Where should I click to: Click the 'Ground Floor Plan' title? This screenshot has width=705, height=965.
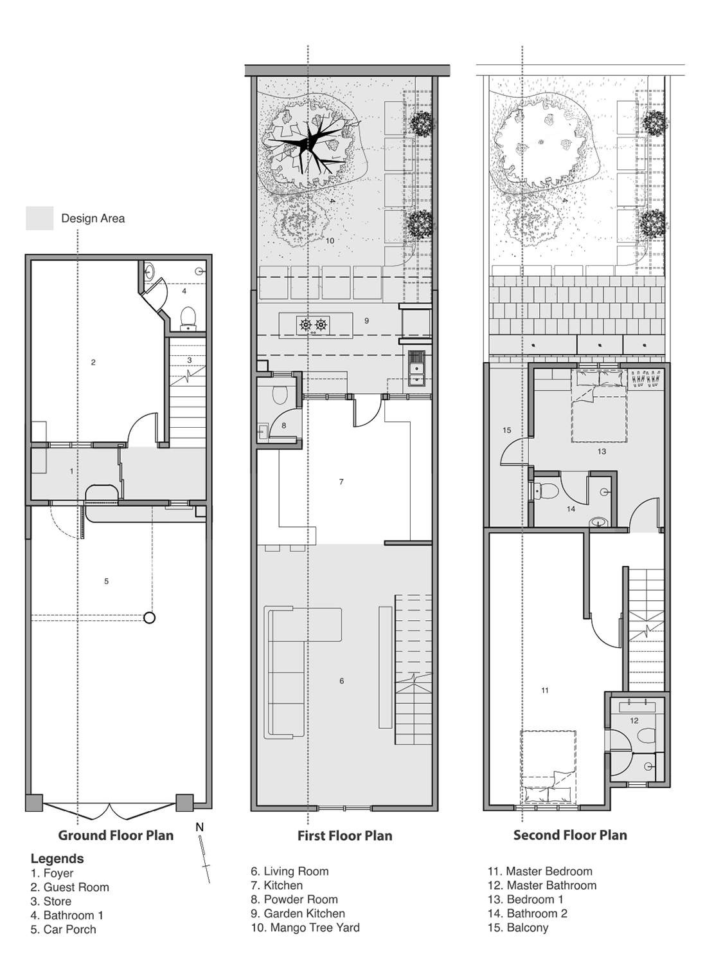116,835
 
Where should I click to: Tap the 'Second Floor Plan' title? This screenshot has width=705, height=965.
570,835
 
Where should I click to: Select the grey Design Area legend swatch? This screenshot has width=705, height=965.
40,218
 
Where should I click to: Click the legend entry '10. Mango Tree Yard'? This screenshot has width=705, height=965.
305,927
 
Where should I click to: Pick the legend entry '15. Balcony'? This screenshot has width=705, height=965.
518,928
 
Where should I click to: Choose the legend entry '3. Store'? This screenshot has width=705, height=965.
51,901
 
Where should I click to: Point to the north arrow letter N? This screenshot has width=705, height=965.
199,827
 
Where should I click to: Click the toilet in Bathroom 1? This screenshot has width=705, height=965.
188,318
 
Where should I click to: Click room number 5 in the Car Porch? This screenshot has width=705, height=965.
106,581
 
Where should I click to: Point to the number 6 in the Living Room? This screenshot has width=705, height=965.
342,681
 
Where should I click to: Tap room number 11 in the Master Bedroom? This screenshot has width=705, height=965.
545,690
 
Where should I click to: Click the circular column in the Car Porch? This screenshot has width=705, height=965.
149,618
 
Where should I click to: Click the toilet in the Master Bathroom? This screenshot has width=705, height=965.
646,735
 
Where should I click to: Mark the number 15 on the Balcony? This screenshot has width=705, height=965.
506,430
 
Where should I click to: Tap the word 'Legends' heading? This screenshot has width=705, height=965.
57,859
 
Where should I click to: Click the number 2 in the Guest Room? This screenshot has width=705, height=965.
93,362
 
